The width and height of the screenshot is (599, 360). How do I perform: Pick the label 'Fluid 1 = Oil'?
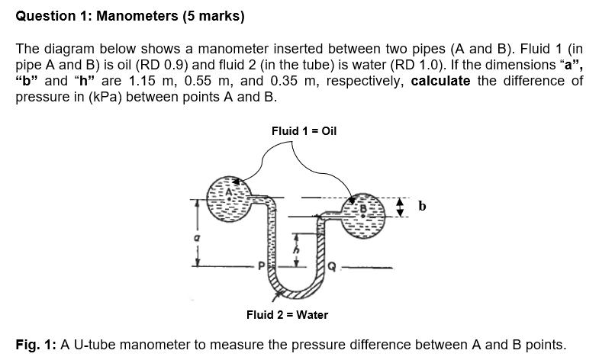pos(304,130)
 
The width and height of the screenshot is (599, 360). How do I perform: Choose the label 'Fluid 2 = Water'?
pos(287,314)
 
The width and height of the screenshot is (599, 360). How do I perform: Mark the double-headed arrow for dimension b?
pos(405,206)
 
